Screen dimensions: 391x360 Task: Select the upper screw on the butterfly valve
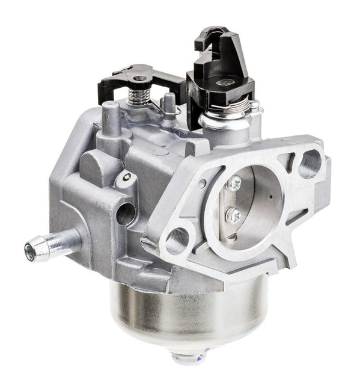pyautogui.click(x=234, y=182)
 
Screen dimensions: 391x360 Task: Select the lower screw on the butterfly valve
pyautogui.click(x=234, y=215)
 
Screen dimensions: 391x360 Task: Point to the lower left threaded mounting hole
pyautogui.click(x=176, y=240)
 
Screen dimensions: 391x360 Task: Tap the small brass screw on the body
pyautogui.click(x=126, y=177)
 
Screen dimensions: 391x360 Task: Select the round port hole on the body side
pyautogui.click(x=126, y=214)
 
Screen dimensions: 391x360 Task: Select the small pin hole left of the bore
pyautogui.click(x=203, y=183)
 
